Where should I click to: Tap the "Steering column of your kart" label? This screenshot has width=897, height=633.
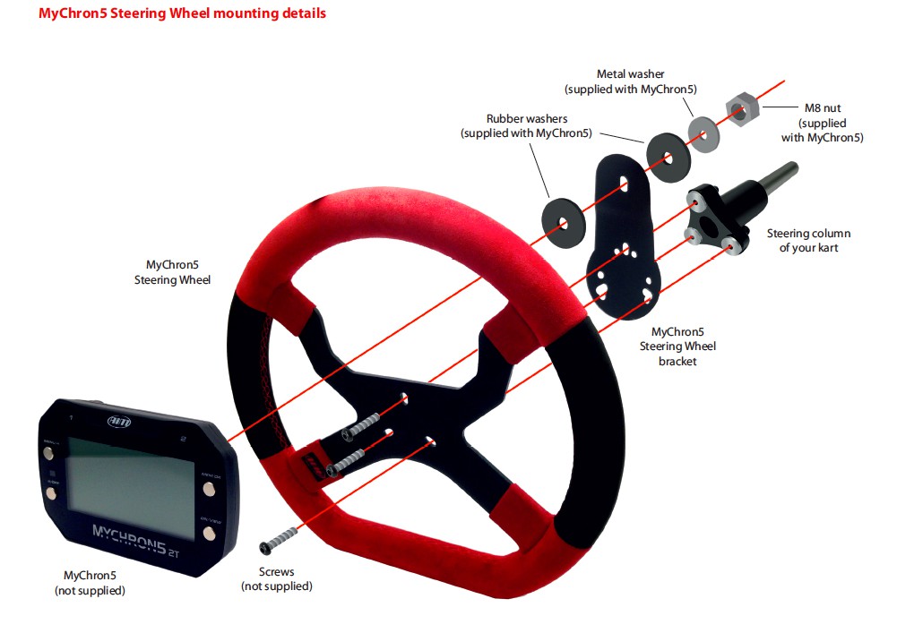808,240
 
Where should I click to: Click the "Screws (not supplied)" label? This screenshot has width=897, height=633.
276,578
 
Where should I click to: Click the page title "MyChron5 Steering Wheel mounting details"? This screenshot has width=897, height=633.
182,13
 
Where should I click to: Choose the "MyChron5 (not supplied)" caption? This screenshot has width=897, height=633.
90,583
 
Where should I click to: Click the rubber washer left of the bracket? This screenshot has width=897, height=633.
563,221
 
